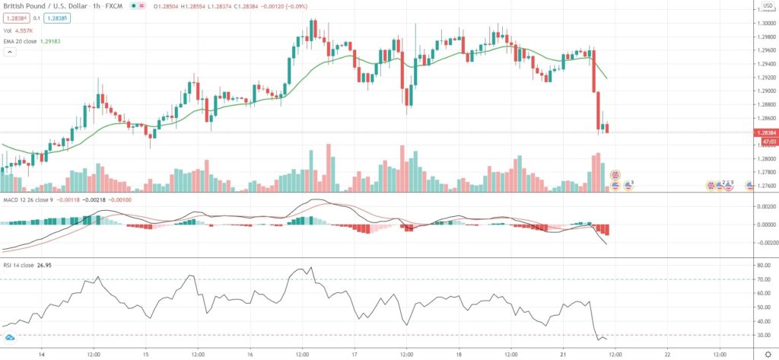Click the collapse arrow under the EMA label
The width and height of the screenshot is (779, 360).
[x=10, y=53]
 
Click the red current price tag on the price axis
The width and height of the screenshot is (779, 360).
[x=765, y=132]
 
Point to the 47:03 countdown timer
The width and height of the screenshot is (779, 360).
[x=764, y=141]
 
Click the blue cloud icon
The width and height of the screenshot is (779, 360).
[x=10, y=337]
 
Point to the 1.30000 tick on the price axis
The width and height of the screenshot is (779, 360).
[x=764, y=24]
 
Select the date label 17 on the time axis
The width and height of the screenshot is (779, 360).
[x=355, y=354]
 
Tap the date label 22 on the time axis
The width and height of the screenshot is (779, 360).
[x=667, y=354]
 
